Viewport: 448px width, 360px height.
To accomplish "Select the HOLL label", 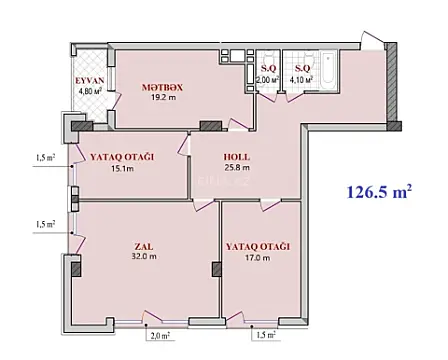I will (x=237, y=156).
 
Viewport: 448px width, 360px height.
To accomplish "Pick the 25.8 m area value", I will (x=237, y=168).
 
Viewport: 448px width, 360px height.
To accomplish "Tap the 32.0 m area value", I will (x=146, y=257).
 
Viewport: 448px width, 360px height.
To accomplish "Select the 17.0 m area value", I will (x=257, y=258).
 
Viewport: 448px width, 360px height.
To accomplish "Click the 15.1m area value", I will (x=123, y=168).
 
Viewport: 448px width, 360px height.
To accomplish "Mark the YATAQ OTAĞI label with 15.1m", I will (x=123, y=156).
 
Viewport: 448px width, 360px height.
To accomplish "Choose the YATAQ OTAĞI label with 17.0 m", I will (x=257, y=245).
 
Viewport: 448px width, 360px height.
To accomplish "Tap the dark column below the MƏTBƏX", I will (x=209, y=125).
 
